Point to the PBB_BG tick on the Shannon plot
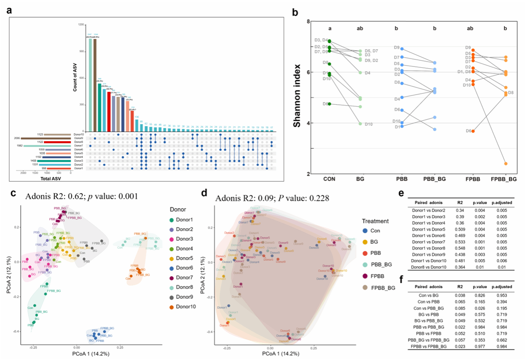[x=434, y=180]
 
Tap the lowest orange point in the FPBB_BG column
[x=506, y=164]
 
